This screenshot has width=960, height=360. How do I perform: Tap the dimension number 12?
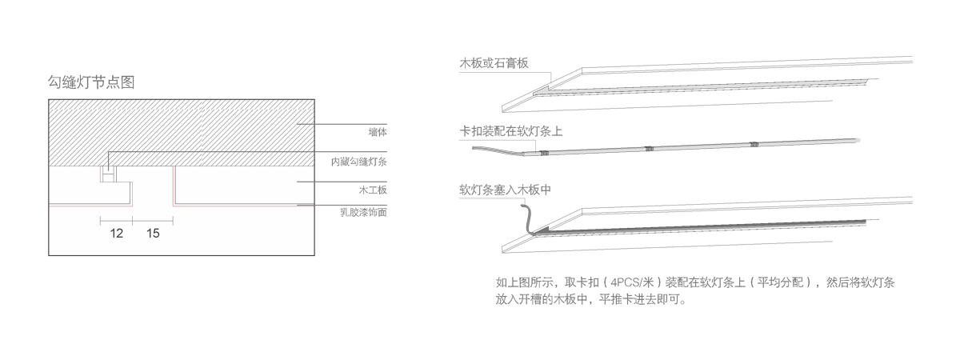tap(117, 234)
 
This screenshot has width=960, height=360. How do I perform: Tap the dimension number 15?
tap(154, 234)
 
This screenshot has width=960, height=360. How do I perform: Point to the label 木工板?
tap(373, 190)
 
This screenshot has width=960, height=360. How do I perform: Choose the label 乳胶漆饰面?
tap(363, 212)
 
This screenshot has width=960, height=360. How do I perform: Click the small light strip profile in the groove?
tap(106, 174)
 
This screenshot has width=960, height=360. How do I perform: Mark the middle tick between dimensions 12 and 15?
tap(133, 218)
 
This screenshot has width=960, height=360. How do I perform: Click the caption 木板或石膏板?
tap(494, 63)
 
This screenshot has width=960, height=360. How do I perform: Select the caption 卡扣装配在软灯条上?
tap(510, 131)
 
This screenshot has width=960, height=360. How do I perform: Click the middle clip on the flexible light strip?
tap(649, 148)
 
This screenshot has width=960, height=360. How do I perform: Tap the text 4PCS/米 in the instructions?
tap(633, 282)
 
